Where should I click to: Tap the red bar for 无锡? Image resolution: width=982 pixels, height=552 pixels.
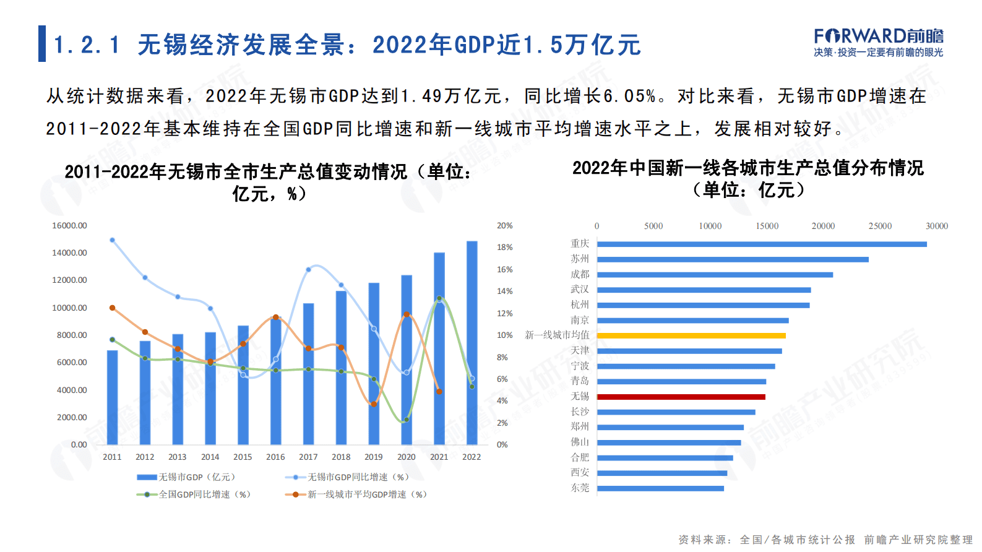pyautogui.click(x=681, y=397)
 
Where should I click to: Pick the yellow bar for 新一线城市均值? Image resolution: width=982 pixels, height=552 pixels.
pyautogui.click(x=691, y=335)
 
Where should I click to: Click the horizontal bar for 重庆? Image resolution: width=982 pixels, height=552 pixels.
pyautogui.click(x=762, y=244)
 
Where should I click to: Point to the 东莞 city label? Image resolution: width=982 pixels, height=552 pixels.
pyautogui.click(x=580, y=488)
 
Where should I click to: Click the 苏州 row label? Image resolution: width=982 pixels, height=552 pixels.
pyautogui.click(x=580, y=259)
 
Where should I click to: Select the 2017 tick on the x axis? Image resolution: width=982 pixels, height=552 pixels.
pyautogui.click(x=308, y=457)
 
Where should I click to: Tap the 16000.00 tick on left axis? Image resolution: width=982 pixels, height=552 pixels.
pyautogui.click(x=69, y=226)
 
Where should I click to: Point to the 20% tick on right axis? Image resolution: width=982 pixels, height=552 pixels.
pyautogui.click(x=505, y=226)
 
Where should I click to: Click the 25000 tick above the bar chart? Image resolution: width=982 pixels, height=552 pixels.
pyautogui.click(x=880, y=226)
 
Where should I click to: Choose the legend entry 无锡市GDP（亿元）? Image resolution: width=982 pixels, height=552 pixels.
pyautogui.click(x=186, y=477)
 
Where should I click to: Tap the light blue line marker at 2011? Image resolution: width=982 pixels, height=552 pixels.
pyautogui.click(x=112, y=240)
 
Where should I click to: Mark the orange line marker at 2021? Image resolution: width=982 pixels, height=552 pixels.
pyautogui.click(x=439, y=391)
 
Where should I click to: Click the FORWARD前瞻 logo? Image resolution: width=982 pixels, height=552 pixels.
pyautogui.click(x=879, y=42)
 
